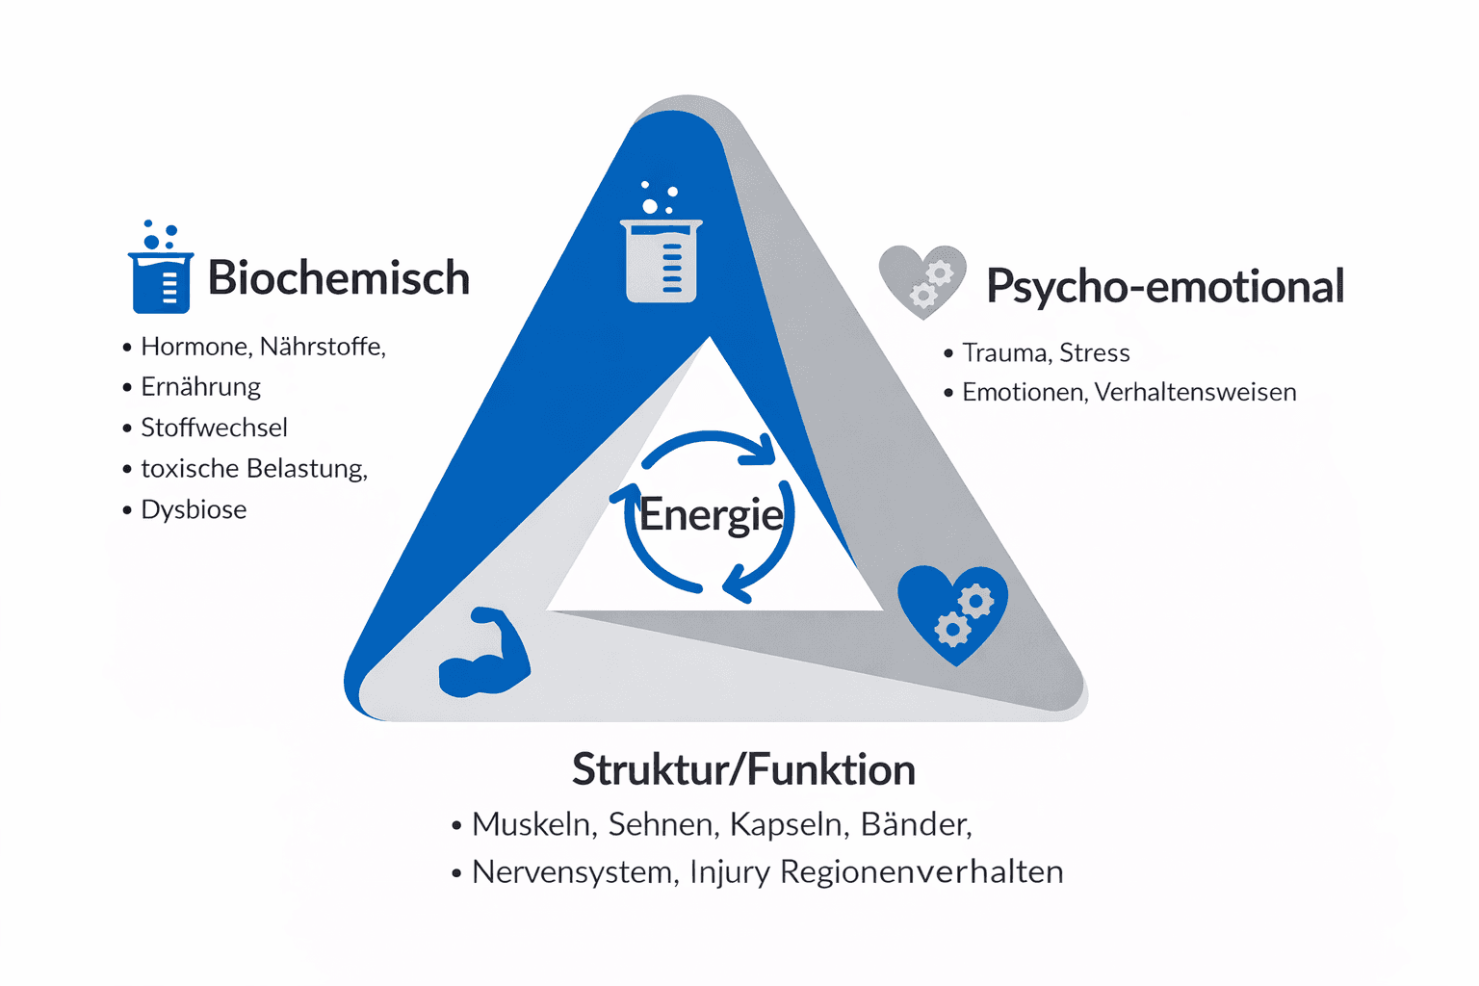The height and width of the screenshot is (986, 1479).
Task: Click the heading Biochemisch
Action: [338, 278]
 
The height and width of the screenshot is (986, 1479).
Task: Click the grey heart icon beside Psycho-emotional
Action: [922, 280]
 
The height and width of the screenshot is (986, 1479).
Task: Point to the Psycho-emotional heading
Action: [1164, 286]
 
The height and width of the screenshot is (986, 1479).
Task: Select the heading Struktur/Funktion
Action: [743, 769]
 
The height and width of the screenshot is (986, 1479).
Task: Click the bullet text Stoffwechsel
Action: [214, 428]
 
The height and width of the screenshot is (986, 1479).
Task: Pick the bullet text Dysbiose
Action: [194, 509]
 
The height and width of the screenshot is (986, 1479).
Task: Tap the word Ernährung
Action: [200, 387]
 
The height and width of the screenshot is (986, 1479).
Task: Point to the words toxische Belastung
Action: [253, 469]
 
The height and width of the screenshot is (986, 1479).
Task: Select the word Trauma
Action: [1004, 353]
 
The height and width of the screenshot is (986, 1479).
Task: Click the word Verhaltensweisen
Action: [1195, 393]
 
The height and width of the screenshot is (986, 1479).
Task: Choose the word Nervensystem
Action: [574, 872]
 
